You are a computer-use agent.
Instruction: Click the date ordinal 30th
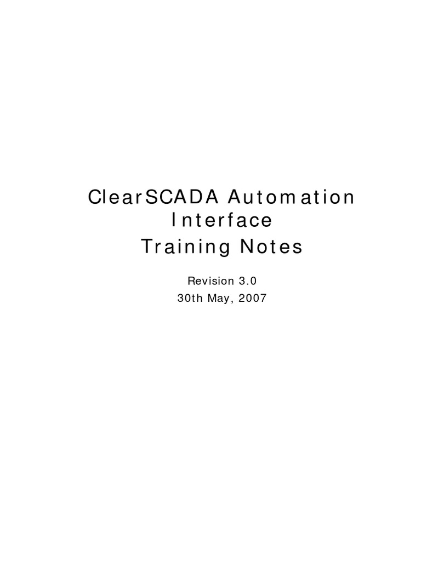point(190,299)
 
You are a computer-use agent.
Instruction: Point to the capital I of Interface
point(174,221)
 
